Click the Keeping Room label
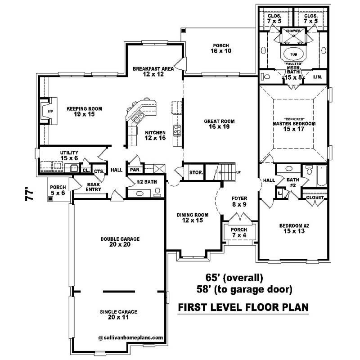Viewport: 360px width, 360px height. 85,112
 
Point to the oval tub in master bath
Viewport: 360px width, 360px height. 293,53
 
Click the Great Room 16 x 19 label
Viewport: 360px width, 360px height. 219,124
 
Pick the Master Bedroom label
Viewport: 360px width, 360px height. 294,123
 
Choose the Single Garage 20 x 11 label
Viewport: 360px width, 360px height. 118,314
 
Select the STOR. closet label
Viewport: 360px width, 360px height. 196,172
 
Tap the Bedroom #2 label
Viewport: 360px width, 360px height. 291,228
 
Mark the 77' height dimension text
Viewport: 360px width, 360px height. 30,196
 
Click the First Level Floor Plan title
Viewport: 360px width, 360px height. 243,307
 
